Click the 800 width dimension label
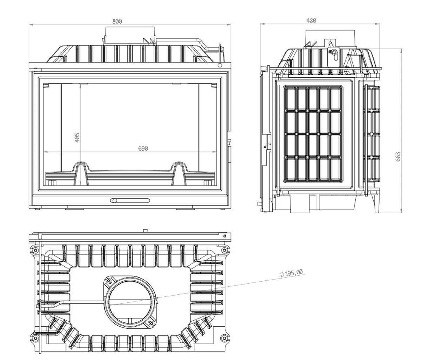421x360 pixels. (x=117, y=21)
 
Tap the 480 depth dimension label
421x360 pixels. (x=311, y=21)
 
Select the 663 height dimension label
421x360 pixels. (x=398, y=157)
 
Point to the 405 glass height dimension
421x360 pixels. (x=77, y=138)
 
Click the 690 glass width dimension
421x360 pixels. (x=143, y=149)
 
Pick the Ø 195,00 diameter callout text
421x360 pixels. (x=292, y=273)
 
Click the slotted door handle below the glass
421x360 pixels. (x=130, y=201)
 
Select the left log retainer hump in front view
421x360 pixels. (x=81, y=173)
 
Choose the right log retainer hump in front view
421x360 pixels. (x=179, y=173)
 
